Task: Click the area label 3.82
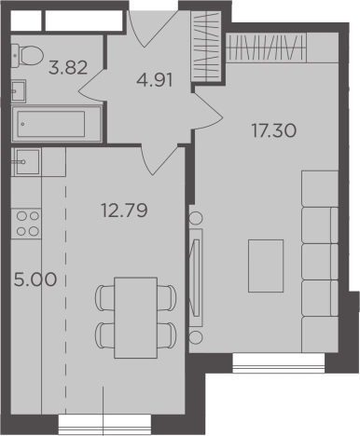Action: coord(68,67)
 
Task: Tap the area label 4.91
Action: coord(155,80)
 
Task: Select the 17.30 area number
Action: coord(274,130)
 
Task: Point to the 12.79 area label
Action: coord(124,211)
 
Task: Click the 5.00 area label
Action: coord(35,279)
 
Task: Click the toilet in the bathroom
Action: coord(27,55)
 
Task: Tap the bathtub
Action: coord(57,124)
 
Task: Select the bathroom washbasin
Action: coord(19,91)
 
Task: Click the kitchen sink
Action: coord(26,162)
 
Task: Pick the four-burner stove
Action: coord(26,224)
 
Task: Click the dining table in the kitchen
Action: coord(135,318)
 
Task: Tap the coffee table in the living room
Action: coord(266,266)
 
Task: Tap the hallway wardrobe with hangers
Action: coord(206,46)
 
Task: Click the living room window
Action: coord(279,363)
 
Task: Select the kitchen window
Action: coord(104,425)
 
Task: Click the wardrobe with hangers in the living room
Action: coord(266,48)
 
